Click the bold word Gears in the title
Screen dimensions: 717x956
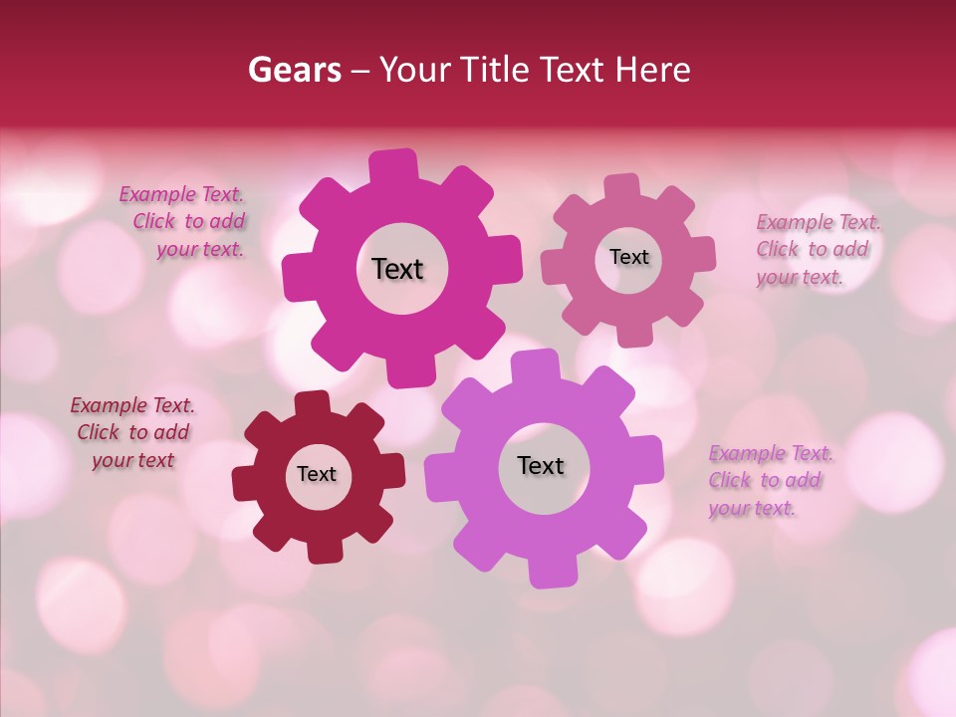click(293, 70)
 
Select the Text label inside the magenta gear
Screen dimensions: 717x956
click(397, 269)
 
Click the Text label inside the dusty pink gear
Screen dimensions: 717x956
click(628, 257)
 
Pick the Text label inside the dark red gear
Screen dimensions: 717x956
click(317, 474)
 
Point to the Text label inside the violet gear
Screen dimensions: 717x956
click(541, 465)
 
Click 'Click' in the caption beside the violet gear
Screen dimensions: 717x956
click(730, 481)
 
